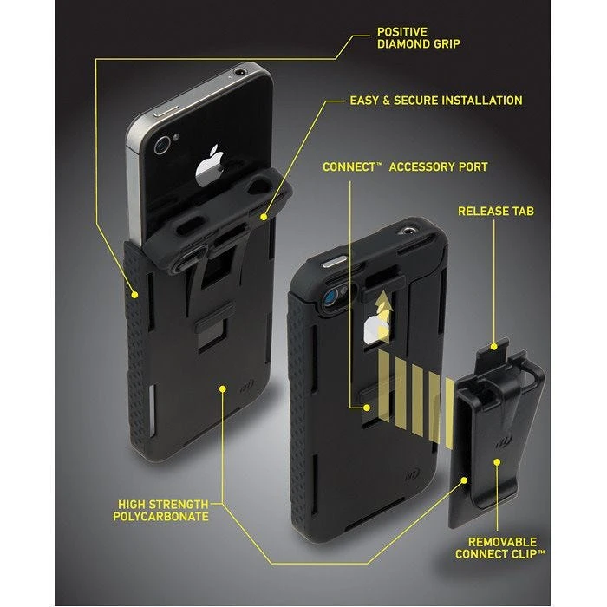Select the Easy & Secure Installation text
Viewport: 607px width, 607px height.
click(x=436, y=101)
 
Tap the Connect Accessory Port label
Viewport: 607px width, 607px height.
click(x=405, y=166)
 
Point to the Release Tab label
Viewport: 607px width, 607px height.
click(x=494, y=211)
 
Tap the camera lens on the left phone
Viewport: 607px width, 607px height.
click(x=162, y=146)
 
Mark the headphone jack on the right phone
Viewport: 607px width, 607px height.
click(x=408, y=231)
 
